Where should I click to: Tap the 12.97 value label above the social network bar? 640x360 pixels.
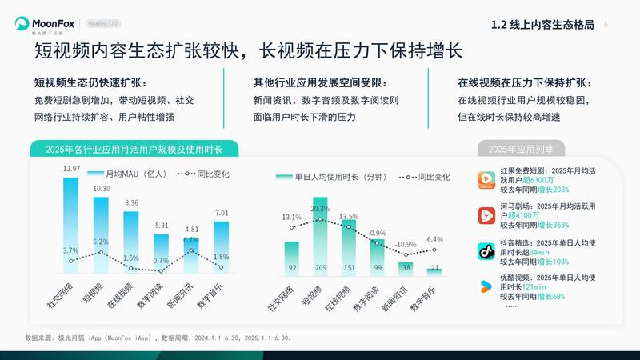coord(71,169)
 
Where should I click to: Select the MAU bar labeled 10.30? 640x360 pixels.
coord(101,232)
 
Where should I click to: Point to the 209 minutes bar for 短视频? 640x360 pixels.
coord(320,240)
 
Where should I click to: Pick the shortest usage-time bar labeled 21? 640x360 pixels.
coord(434,271)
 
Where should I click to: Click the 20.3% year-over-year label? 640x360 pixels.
coord(320,209)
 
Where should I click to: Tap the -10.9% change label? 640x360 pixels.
coord(406,244)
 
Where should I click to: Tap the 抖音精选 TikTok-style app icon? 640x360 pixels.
coord(487,252)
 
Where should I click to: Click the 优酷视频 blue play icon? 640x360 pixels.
coord(487,286)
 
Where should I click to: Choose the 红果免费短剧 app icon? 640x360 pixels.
coord(487,180)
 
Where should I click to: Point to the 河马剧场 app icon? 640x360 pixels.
coord(487,215)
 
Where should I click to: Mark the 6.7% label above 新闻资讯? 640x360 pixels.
coord(191,240)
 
